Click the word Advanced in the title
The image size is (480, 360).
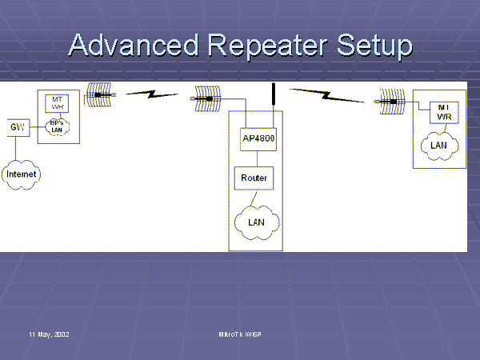coord(130,46)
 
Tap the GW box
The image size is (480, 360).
coord(15,127)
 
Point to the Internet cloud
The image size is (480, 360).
coord(22,174)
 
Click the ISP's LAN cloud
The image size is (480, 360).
coord(56,127)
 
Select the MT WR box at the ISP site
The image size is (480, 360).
coord(57,102)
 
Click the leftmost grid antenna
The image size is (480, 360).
coord(100,94)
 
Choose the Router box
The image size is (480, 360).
coord(255,178)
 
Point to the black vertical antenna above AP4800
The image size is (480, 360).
coord(273,102)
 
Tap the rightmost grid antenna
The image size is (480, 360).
coord(393,102)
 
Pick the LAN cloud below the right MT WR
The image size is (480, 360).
coord(438,145)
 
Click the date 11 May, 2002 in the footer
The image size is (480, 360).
coord(50,333)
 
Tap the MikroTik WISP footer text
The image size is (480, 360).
coord(240,333)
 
